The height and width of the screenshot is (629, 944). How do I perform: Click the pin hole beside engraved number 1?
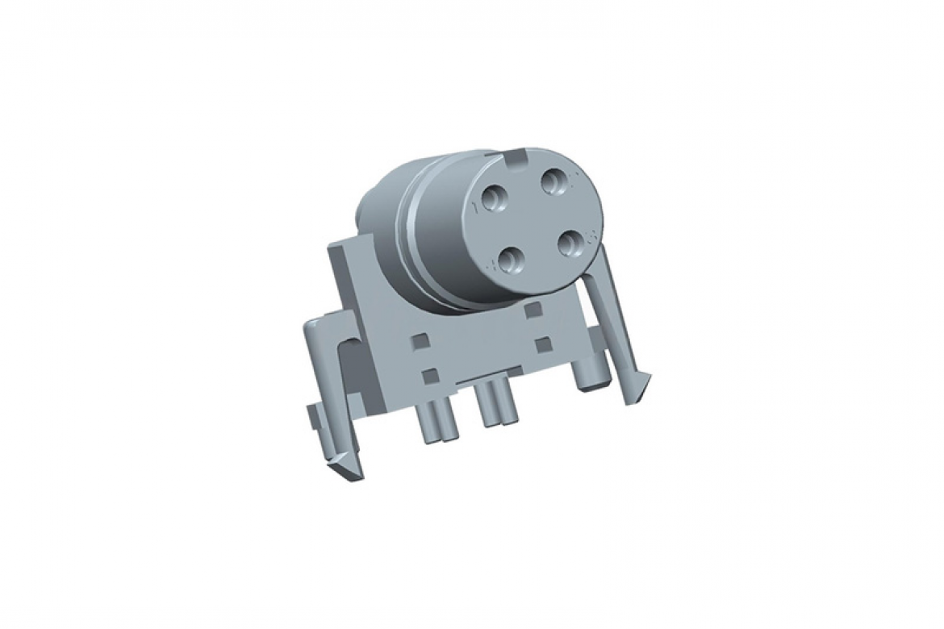tap(494, 197)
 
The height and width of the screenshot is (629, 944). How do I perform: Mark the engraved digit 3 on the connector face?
tap(591, 235)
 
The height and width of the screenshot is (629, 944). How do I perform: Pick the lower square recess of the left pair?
tap(430, 375)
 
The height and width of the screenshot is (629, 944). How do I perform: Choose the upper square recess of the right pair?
tap(531, 309)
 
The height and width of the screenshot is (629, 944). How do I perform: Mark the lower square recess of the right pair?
tap(543, 344)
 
